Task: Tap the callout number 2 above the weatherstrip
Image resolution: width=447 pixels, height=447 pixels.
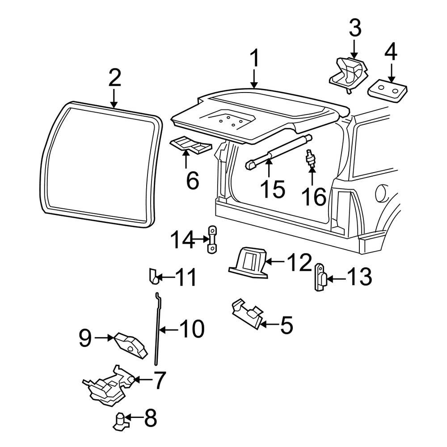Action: [114, 77]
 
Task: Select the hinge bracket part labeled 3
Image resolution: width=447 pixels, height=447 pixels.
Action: [348, 74]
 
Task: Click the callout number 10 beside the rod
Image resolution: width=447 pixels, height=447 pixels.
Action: [192, 329]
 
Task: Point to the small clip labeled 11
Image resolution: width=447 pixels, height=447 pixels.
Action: [154, 276]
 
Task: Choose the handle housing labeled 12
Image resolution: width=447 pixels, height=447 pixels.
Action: [249, 262]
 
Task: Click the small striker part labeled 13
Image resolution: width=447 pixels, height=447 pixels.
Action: [320, 278]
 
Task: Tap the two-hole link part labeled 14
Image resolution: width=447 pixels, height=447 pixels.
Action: [211, 240]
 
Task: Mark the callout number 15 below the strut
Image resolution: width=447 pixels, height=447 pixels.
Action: [273, 189]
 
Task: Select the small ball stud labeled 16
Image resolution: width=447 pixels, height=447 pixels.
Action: [309, 159]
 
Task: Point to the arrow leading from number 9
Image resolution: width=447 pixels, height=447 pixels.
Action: [104, 338]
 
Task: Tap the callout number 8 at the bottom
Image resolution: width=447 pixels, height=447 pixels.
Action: [150, 418]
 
